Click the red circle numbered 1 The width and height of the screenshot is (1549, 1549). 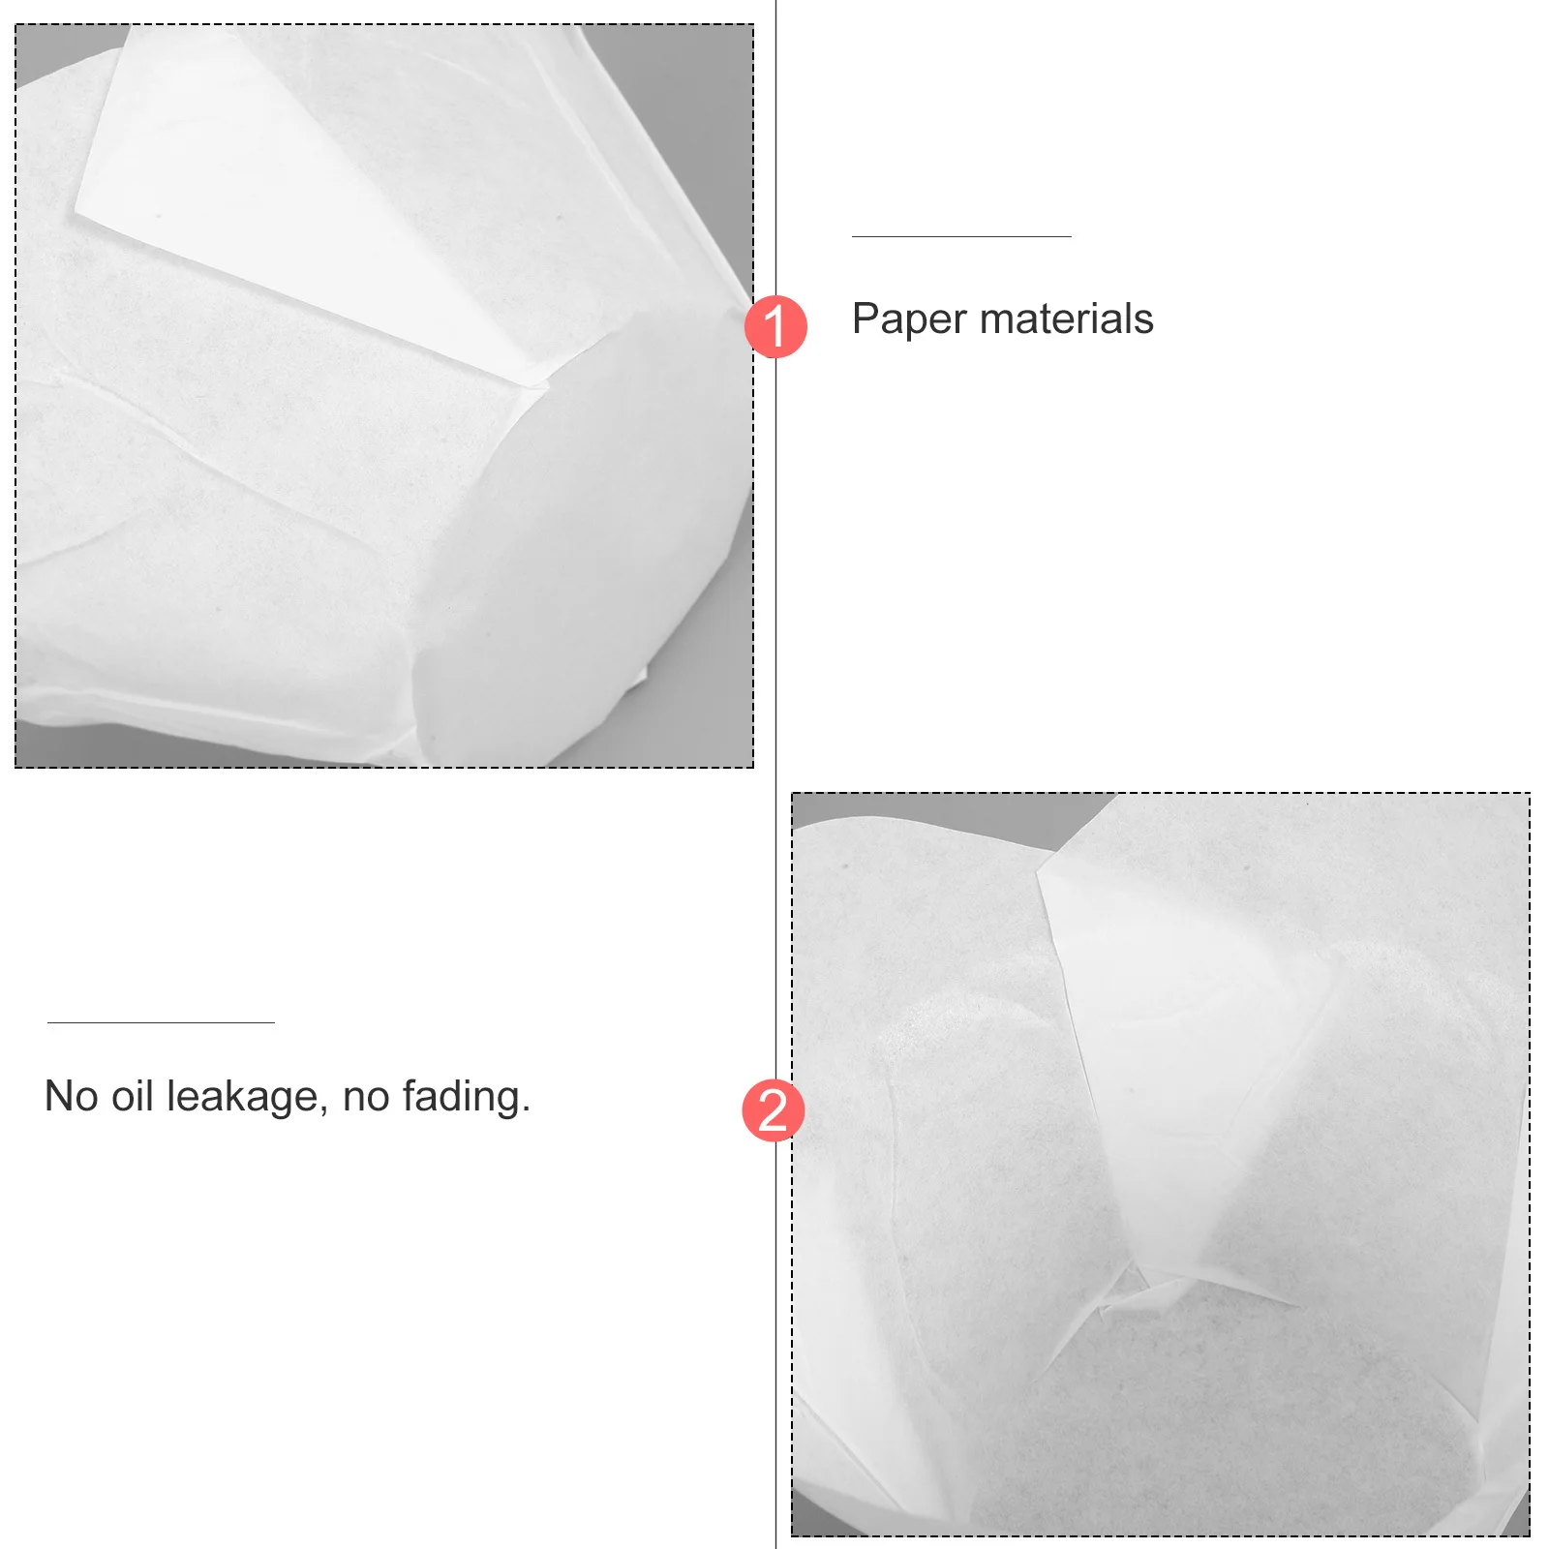click(x=775, y=326)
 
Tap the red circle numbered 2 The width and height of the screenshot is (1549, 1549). click(x=773, y=1109)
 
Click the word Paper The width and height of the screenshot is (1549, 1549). click(x=909, y=319)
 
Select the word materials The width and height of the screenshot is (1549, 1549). click(x=1066, y=319)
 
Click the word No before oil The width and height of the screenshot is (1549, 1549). click(x=71, y=1097)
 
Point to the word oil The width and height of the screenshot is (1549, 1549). click(x=133, y=1097)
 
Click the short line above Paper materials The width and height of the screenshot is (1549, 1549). click(x=961, y=236)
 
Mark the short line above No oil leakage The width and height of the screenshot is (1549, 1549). click(x=161, y=1022)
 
